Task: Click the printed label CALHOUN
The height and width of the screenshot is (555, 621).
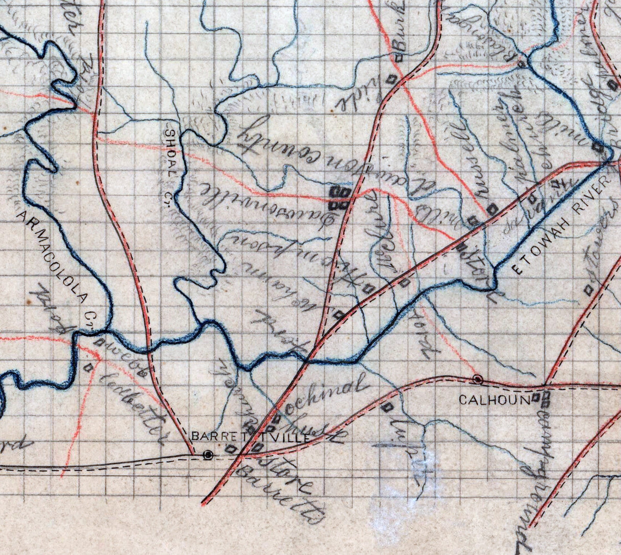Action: (x=494, y=400)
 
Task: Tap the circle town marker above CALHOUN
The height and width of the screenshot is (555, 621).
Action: (x=478, y=379)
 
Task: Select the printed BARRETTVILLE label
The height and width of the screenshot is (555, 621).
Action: (x=251, y=437)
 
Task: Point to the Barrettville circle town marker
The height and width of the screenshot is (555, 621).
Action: (x=208, y=454)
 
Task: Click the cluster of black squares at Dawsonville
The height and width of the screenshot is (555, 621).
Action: (x=340, y=198)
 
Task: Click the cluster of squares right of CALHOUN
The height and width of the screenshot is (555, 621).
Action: (x=544, y=399)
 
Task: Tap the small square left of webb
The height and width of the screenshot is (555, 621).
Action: (x=101, y=342)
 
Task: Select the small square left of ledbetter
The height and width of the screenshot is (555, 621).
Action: (x=91, y=367)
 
